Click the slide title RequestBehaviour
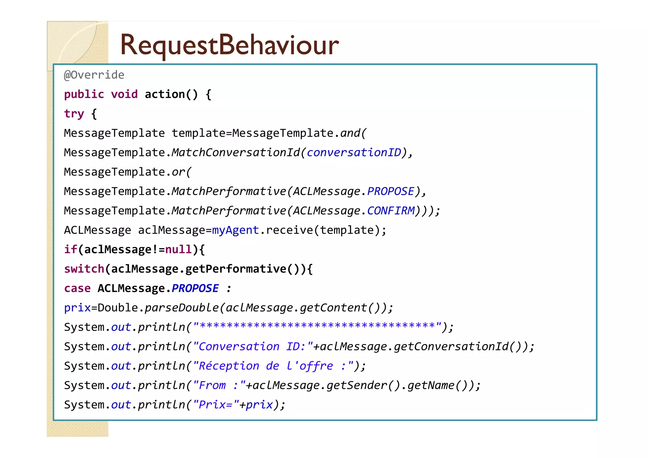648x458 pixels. (x=229, y=45)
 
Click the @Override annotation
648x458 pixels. (x=94, y=75)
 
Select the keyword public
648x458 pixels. (x=84, y=94)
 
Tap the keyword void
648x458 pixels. (x=124, y=94)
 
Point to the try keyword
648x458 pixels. (x=74, y=114)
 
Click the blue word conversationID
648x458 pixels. (x=354, y=153)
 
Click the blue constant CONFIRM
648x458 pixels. (x=391, y=211)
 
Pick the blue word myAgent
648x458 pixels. (x=235, y=230)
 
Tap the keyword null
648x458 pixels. (x=178, y=249)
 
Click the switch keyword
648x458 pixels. (x=84, y=269)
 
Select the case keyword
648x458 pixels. (x=77, y=288)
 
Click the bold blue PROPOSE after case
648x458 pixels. (x=195, y=288)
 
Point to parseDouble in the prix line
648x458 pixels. (x=182, y=308)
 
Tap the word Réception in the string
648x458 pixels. (x=229, y=366)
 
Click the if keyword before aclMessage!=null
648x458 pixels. (x=70, y=249)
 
